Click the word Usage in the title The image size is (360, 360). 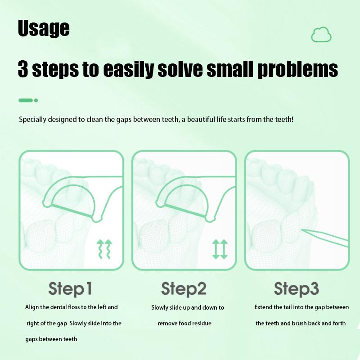coord(44,28)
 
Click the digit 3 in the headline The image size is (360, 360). coord(23,69)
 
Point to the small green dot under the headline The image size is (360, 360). coord(36,100)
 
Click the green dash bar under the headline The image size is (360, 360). coord(26,100)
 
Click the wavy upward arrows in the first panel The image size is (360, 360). coord(104,249)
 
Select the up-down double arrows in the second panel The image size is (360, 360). coord(220,249)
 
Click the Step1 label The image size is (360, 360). coord(70,289)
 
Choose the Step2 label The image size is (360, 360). coord(184,289)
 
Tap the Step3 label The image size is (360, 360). coord(297,289)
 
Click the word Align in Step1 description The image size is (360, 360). coord(31,307)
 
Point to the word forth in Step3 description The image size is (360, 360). coord(339,323)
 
